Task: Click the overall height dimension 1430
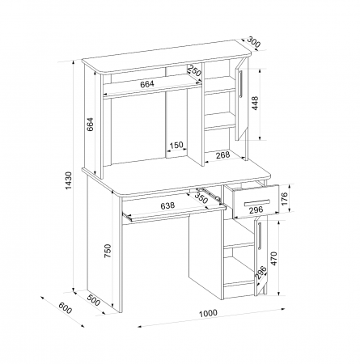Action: [69, 180]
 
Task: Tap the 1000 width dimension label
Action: [208, 313]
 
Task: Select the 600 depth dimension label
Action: [66, 308]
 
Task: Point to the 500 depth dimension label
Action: [94, 301]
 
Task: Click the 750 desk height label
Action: [108, 251]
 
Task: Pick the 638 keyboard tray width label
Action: [167, 205]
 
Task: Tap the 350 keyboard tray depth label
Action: [201, 198]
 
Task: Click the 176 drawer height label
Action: [285, 199]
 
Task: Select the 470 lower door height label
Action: [273, 259]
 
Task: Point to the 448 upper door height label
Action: [255, 103]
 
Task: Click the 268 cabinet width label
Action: [223, 154]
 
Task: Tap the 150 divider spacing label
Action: [176, 145]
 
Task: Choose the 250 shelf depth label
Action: [195, 71]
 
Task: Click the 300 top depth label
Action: [254, 42]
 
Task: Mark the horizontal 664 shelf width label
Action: [147, 84]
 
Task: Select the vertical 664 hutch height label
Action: [90, 124]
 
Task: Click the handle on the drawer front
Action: [257, 202]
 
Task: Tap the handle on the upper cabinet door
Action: [241, 83]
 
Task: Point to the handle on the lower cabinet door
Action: [260, 236]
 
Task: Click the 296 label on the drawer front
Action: [256, 210]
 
